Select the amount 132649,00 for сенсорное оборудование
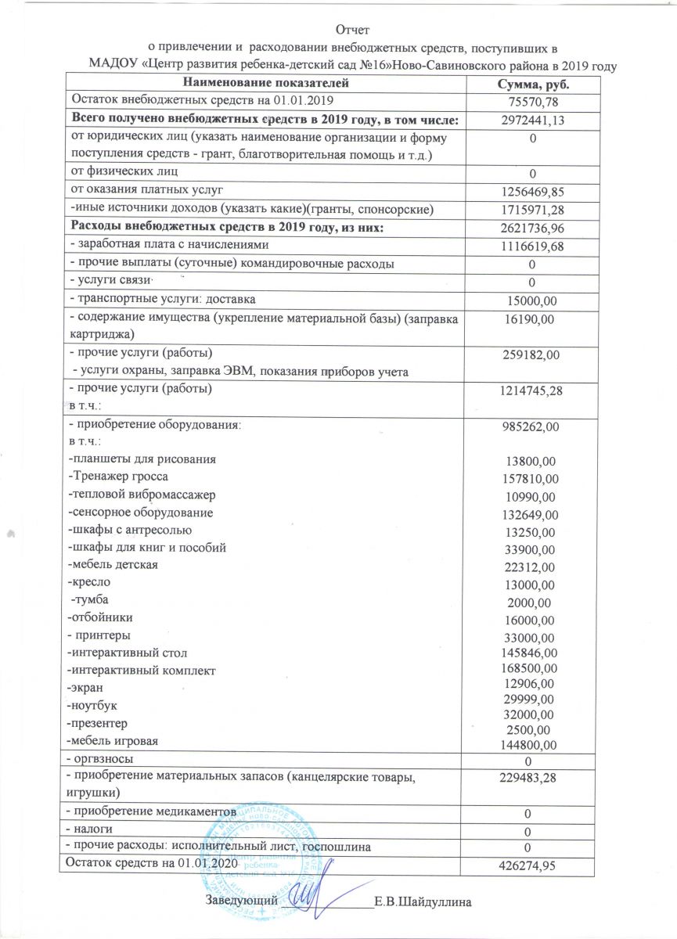(530, 514)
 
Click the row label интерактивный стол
(128, 651)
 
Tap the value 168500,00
(530, 667)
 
